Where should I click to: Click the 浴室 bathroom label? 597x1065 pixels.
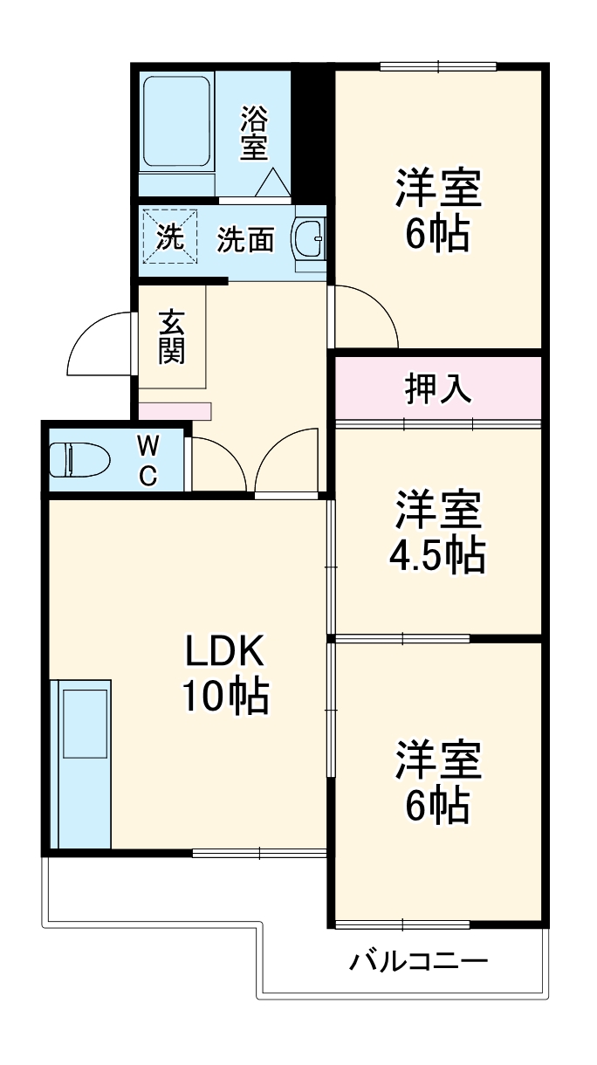254,133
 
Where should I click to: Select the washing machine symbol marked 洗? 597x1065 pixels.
170,236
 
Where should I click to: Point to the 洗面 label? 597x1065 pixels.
245,239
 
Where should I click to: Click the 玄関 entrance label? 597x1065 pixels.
170,337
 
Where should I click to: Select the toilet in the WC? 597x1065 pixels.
78,458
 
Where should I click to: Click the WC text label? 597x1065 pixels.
148,460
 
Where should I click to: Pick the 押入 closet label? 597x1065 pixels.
438,389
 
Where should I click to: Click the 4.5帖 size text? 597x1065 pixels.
437,554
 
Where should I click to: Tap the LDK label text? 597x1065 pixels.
223,650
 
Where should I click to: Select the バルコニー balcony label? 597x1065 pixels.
419,962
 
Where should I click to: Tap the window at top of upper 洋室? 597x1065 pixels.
438,66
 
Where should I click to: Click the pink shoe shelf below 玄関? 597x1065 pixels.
175,409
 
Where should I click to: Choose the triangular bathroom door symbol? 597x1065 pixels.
272,182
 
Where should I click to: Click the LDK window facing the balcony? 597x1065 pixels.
260,852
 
